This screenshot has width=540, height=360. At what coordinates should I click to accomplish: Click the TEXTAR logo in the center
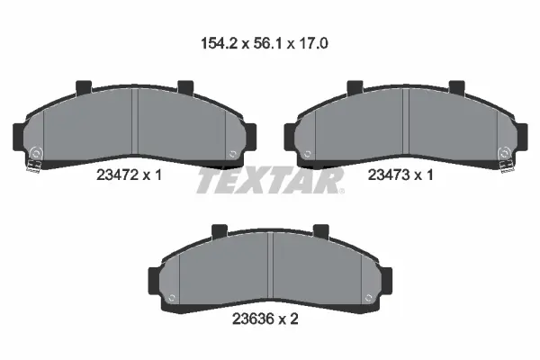(269, 181)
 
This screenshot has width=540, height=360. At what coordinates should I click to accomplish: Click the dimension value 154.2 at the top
(215, 42)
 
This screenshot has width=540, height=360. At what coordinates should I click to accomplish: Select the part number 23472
(115, 177)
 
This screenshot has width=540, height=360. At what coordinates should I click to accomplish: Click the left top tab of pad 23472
(84, 88)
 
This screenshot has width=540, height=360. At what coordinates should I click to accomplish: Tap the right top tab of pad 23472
(186, 88)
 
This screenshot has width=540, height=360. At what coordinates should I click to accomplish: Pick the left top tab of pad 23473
(354, 88)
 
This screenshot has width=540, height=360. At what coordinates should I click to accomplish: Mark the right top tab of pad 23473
(456, 88)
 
